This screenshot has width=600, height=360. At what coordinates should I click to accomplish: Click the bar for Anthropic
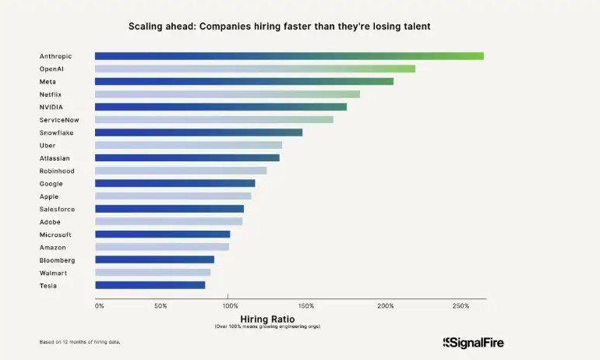(289, 56)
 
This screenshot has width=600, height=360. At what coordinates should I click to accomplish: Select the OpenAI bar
(255, 69)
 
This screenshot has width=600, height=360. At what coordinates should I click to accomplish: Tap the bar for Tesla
(150, 285)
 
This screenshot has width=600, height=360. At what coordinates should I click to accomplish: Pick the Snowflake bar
(199, 132)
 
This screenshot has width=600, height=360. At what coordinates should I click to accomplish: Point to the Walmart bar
(153, 273)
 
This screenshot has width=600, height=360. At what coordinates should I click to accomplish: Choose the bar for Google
(175, 183)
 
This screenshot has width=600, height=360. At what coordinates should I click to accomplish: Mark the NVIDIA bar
(221, 107)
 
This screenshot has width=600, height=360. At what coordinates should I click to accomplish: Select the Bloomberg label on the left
(57, 259)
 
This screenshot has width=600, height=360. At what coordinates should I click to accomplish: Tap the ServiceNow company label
(59, 120)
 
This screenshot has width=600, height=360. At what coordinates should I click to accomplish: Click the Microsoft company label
(55, 235)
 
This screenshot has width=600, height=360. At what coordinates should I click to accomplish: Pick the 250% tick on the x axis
(461, 305)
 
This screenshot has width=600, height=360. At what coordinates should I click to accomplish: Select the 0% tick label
(99, 305)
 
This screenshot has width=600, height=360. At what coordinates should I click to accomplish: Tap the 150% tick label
(306, 305)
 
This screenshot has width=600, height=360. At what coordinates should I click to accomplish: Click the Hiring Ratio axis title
(267, 319)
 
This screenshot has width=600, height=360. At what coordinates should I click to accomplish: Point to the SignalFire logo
(473, 342)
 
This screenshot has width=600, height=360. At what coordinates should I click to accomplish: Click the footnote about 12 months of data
(79, 342)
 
